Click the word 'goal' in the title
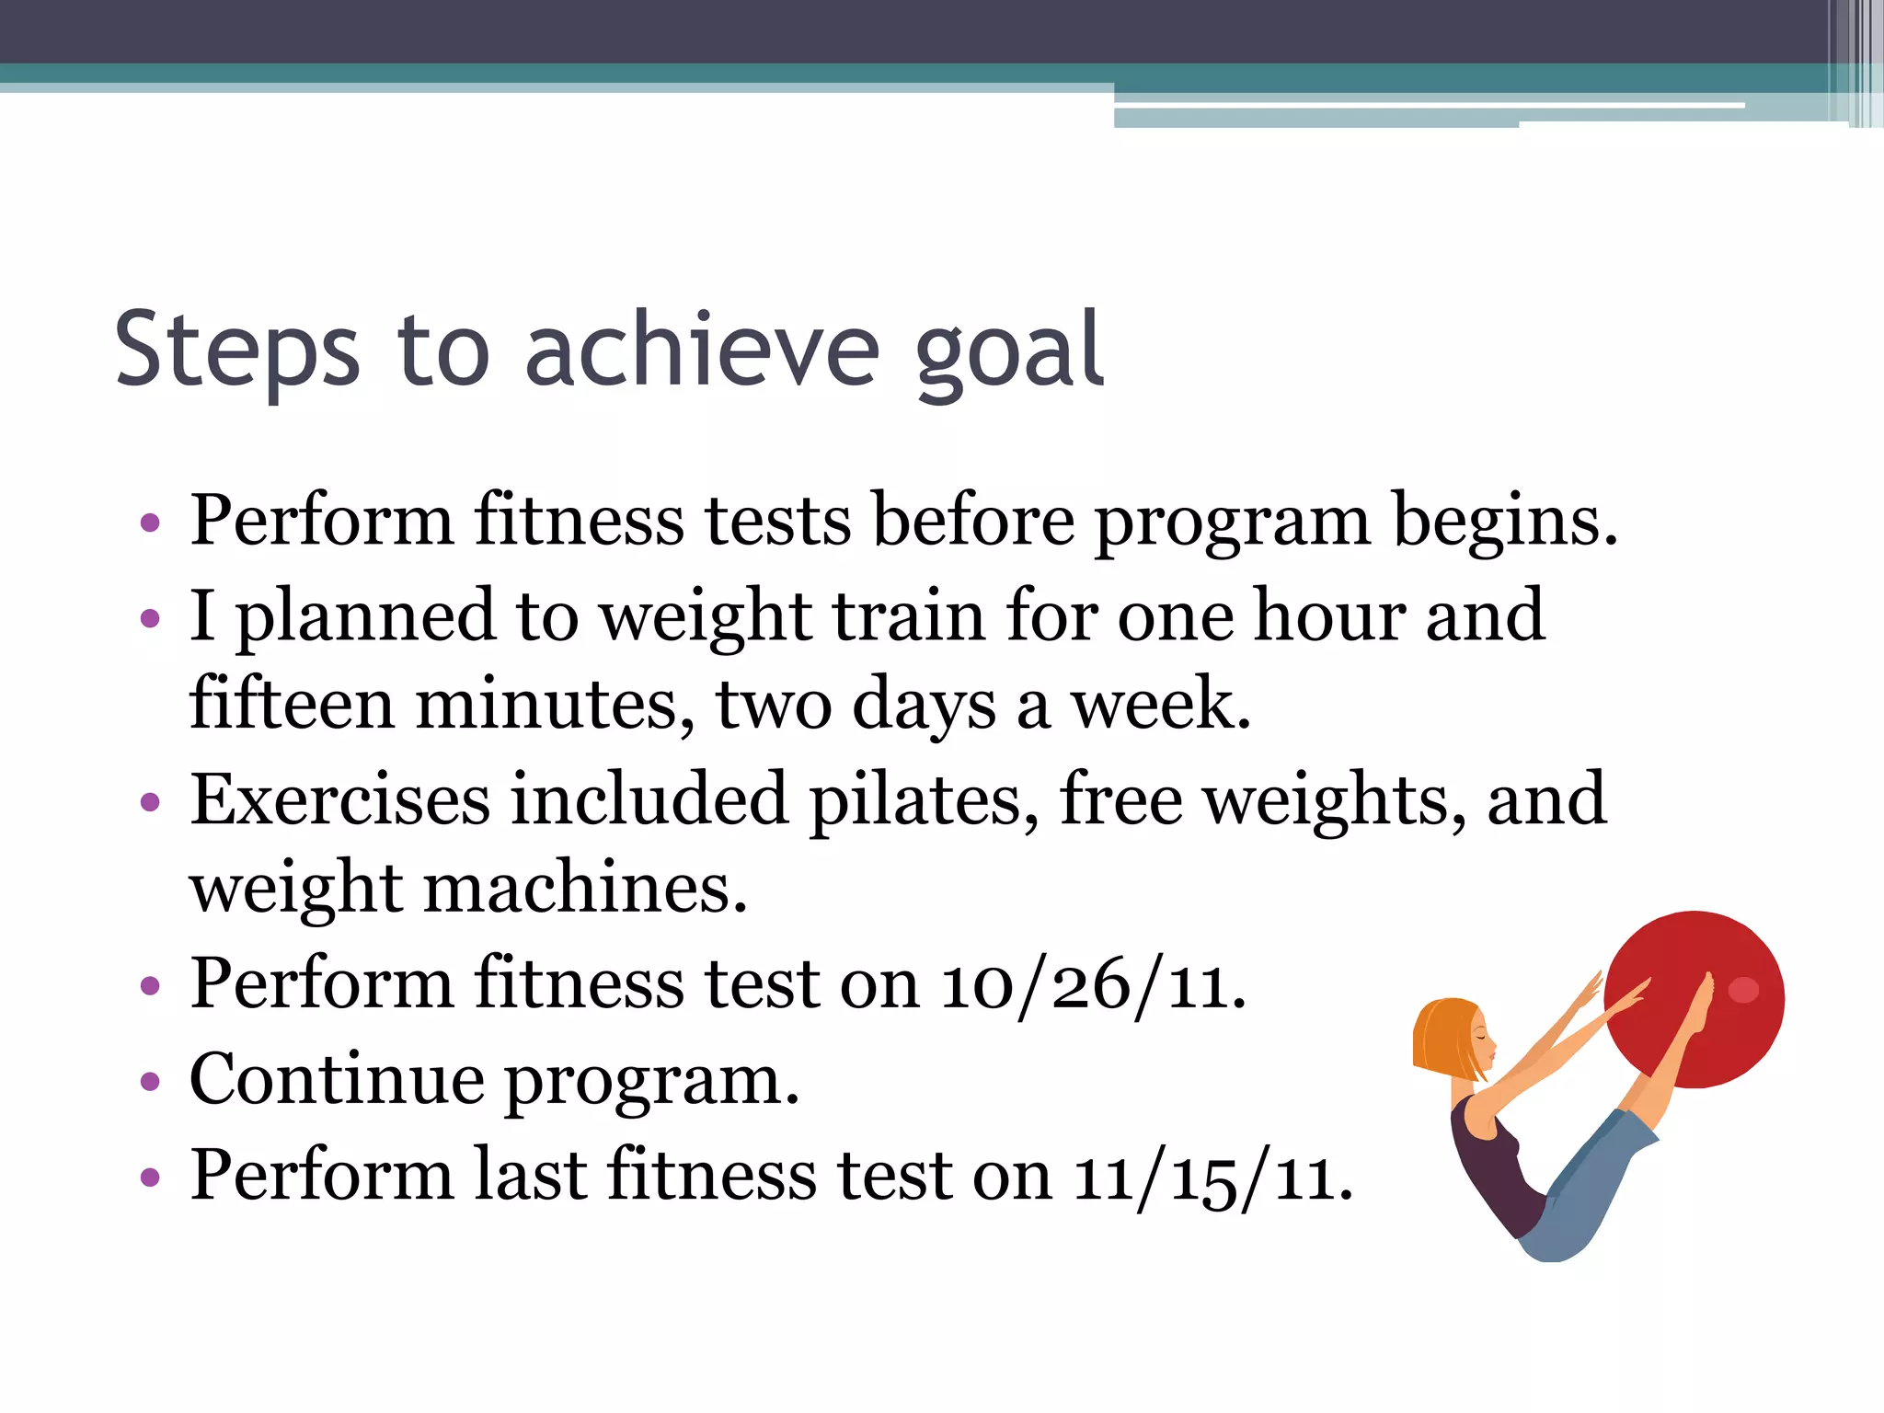click(1009, 352)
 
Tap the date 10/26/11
click(1091, 985)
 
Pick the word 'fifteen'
click(291, 704)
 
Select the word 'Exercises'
click(339, 799)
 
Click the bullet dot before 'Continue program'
click(150, 1083)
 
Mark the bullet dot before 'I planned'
click(150, 619)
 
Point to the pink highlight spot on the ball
click(1743, 990)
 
